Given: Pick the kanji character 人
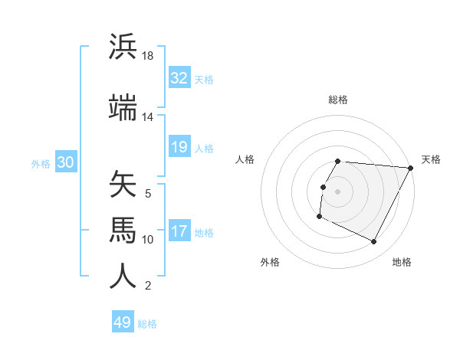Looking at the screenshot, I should (123, 276).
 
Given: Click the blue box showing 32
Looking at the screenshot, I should (179, 79).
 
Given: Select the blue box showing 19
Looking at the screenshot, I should (179, 148).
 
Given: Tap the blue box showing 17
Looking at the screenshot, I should (179, 232).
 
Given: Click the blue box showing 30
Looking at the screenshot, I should (66, 163).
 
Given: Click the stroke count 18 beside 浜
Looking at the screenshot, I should (148, 57).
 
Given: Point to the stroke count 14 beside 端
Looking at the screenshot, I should (148, 117).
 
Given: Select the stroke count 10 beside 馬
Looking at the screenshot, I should (148, 240).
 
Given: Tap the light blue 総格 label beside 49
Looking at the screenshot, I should (147, 324).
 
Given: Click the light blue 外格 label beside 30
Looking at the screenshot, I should (41, 164).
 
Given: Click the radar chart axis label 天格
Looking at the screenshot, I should (431, 159).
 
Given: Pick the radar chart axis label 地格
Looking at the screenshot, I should (402, 262).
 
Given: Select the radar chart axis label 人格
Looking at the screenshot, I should (245, 159).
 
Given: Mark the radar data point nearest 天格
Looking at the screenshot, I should (411, 168).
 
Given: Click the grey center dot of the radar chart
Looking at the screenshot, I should (337, 191).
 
